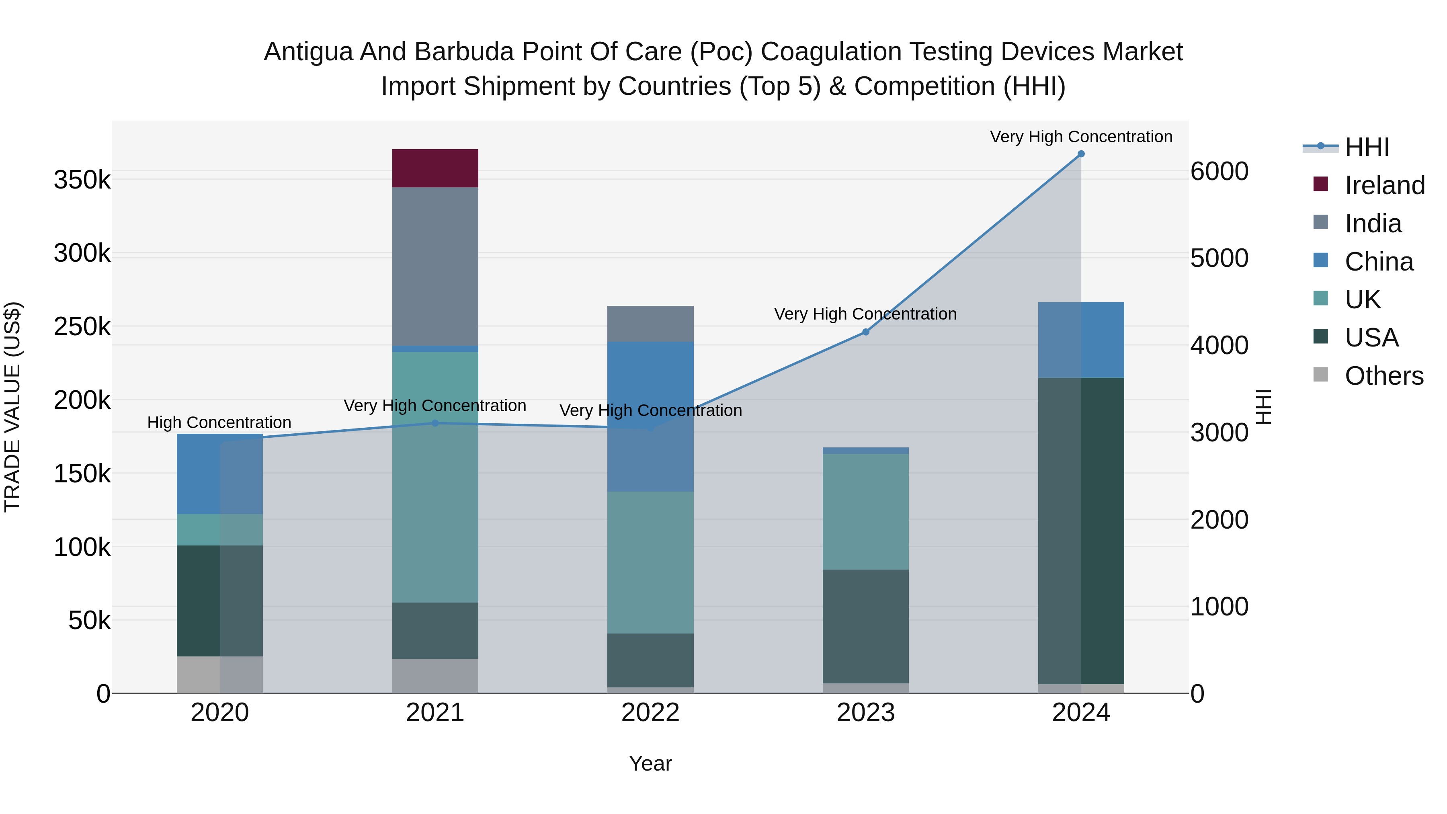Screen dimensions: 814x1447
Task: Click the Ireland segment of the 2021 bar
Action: [435, 168]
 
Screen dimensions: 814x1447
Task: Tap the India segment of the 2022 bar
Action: [650, 324]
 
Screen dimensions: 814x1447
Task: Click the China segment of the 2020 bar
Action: [219, 474]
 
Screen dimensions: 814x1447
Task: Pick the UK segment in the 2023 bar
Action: [866, 511]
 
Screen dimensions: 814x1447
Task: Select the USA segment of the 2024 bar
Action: [1081, 531]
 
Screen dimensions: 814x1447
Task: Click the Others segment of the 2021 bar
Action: [435, 675]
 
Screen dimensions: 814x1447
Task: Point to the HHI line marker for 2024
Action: [1081, 154]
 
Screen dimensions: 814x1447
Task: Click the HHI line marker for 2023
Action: [866, 332]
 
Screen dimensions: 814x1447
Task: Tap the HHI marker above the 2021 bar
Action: [435, 423]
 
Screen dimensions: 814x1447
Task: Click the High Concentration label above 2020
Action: [219, 422]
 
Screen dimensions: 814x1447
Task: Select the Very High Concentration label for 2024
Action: [1081, 137]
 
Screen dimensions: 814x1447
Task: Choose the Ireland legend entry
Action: [1384, 185]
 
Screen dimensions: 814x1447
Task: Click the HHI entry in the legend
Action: [1366, 147]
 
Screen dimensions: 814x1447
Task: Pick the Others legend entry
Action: [1383, 376]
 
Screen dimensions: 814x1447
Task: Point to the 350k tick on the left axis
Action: [82, 180]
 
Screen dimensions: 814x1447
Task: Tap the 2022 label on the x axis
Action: [650, 713]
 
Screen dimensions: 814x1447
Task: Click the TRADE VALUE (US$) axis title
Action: [13, 407]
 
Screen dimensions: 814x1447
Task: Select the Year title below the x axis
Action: [650, 763]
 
